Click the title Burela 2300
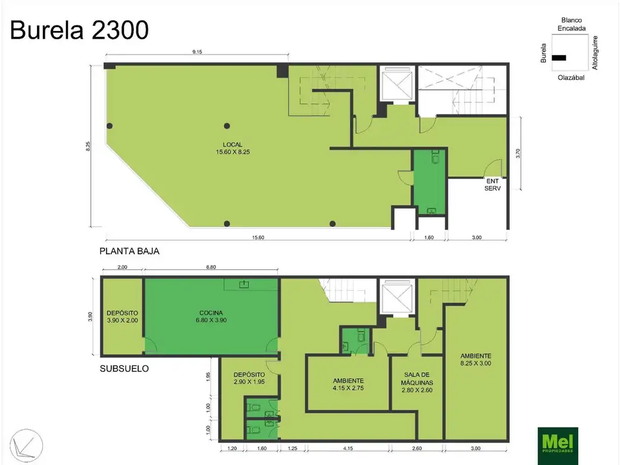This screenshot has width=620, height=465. click(79, 30)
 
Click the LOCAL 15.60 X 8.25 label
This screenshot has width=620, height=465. click(232, 148)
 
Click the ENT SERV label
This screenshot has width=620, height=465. click(493, 185)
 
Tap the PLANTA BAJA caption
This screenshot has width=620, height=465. click(130, 251)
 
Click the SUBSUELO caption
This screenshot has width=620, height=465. click(124, 369)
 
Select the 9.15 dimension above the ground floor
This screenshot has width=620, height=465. click(197, 52)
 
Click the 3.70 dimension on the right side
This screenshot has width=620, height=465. click(518, 153)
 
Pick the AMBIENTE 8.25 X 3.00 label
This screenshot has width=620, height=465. click(476, 360)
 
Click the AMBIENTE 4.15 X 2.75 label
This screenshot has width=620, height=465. click(348, 384)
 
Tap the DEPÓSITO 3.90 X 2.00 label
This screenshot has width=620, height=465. click(122, 317)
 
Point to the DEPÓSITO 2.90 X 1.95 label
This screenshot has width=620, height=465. click(249, 378)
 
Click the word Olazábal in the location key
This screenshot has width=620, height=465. click(571, 77)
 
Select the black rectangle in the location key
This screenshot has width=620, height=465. click(559, 58)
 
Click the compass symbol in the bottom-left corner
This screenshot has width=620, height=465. click(26, 445)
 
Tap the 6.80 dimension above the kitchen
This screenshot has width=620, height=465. click(211, 267)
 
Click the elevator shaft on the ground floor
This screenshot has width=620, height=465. click(397, 84)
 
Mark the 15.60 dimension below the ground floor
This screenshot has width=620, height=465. click(258, 237)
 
